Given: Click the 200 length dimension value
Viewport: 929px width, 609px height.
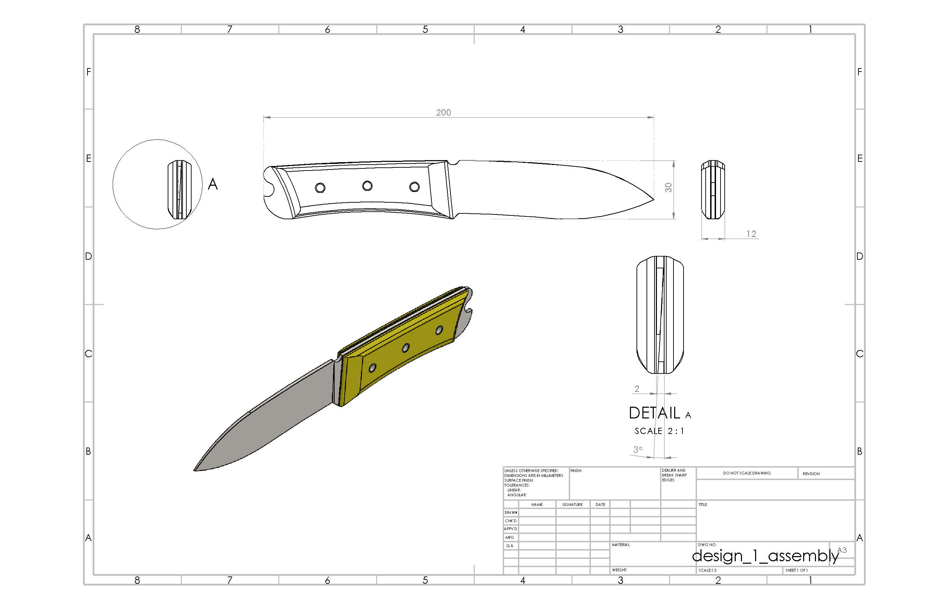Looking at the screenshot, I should coord(444,112).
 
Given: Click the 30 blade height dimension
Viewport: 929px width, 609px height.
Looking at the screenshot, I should coord(668,187).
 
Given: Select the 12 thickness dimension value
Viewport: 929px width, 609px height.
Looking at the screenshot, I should coord(751,234).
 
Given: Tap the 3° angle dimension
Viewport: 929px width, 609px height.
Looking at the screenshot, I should coord(638,449).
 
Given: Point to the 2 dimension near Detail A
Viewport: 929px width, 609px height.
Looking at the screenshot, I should coord(637,389).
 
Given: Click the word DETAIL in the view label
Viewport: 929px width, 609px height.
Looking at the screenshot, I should coord(654,413).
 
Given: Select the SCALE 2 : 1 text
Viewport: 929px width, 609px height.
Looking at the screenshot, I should coord(659,431).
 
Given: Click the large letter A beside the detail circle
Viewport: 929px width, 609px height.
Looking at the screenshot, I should coord(212,184).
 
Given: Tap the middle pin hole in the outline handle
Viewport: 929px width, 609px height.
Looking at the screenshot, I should coord(367,186).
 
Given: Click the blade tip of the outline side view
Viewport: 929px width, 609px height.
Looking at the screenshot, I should coord(653,199).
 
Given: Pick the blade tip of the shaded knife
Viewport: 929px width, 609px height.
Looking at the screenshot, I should coord(195,470).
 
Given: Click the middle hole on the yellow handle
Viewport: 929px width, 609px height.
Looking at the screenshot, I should coord(406,347).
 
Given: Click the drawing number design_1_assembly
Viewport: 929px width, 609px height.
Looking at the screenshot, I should coord(765,556).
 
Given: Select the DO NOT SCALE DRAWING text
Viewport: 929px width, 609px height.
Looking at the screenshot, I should coord(747,473).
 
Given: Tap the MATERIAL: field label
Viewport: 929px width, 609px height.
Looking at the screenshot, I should coord(621,545).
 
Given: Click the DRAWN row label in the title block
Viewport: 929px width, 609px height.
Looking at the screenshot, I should coord(511,513).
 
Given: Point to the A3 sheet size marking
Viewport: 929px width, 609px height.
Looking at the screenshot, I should coord(842,550).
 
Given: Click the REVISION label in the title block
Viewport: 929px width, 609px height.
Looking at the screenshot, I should coord(811,474).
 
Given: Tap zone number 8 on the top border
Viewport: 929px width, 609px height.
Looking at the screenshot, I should coord(137,29).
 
